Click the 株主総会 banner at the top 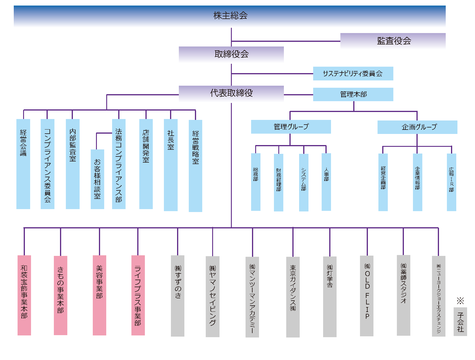(230, 16)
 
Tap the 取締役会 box (231, 54)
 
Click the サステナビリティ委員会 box (353, 74)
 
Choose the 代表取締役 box (231, 93)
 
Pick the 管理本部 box (353, 94)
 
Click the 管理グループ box (291, 127)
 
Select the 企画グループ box (417, 127)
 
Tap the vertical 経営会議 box (23, 164)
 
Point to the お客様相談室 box (97, 179)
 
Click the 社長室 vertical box (171, 165)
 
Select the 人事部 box (326, 182)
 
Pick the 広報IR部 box (451, 182)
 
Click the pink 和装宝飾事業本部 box (24, 295)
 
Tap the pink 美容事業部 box (100, 295)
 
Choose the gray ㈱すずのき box (178, 295)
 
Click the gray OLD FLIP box (367, 295)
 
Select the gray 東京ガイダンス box (293, 297)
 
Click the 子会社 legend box (460, 321)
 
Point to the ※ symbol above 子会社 (460, 301)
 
